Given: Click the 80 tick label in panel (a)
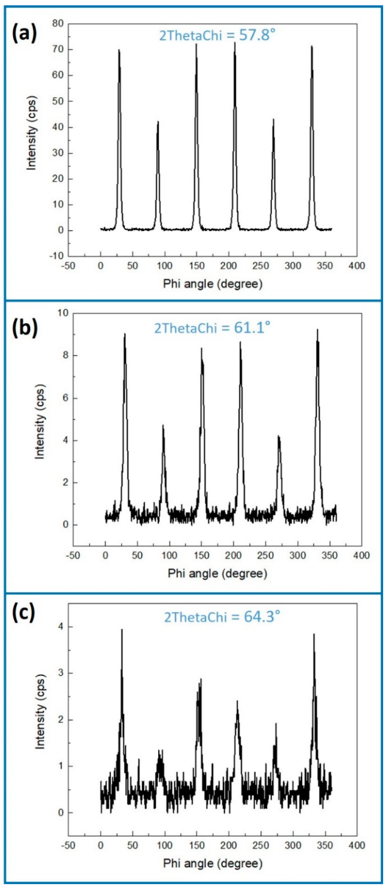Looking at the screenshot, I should tap(58, 24).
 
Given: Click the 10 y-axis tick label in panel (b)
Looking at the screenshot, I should tap(63, 313).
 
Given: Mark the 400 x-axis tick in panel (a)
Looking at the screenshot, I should tap(357, 266).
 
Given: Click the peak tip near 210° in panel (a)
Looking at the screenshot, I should tap(235, 43).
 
